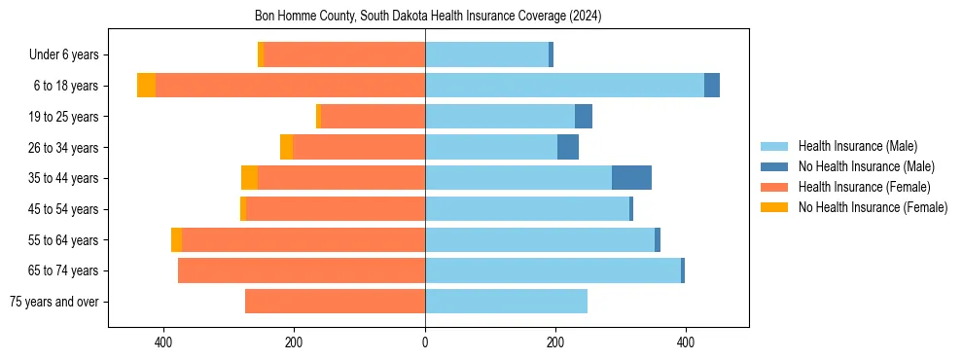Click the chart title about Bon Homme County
428,16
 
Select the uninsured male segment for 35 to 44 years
631,178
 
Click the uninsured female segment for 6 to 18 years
146,86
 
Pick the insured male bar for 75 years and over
506,302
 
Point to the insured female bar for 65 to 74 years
302,270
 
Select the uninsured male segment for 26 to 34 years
568,148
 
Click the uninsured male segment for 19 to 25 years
584,117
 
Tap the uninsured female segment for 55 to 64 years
176,240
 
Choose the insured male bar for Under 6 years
486,54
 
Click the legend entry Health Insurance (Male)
857,146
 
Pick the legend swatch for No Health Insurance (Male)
775,166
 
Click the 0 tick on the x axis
425,342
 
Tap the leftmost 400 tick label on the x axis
163,342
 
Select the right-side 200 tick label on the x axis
555,342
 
